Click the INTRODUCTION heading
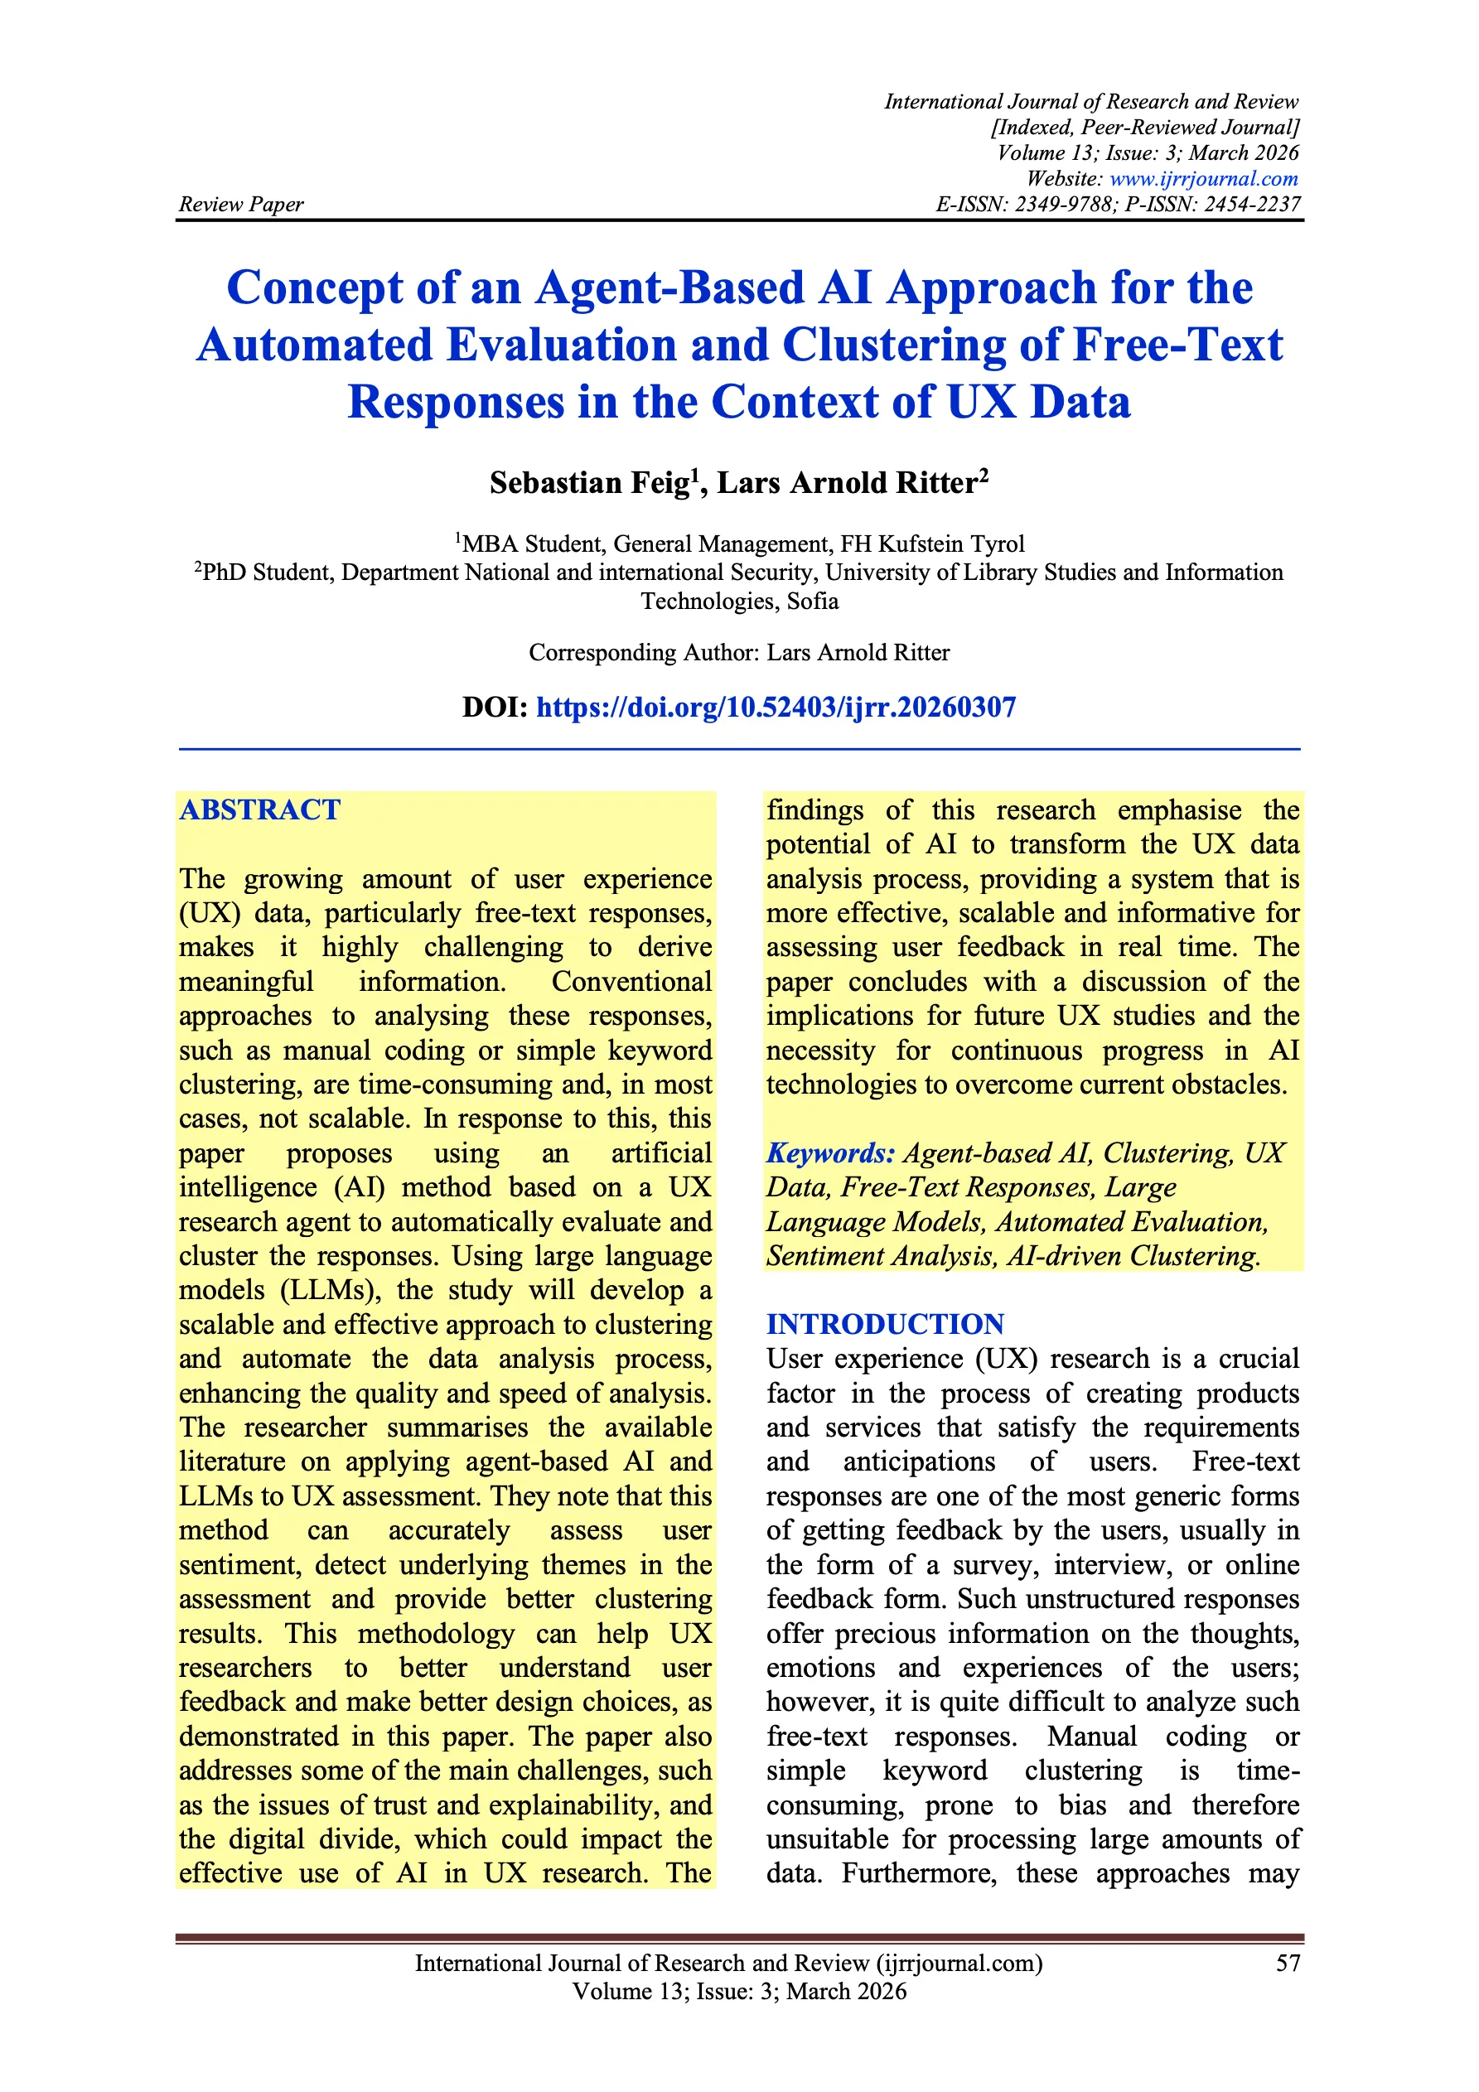[x=885, y=1324]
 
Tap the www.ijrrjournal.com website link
[x=1203, y=179]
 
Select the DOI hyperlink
[x=776, y=707]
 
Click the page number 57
[x=1288, y=1963]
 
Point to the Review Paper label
[x=240, y=204]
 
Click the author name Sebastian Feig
[x=590, y=483]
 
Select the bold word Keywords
[x=830, y=1153]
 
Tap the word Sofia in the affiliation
[x=813, y=602]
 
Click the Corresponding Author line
[x=739, y=652]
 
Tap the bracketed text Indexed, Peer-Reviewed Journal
[x=1144, y=128]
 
